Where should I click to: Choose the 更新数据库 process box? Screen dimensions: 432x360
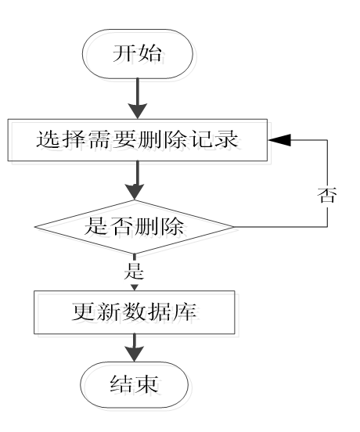click(134, 313)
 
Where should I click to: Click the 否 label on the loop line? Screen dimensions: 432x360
click(329, 195)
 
